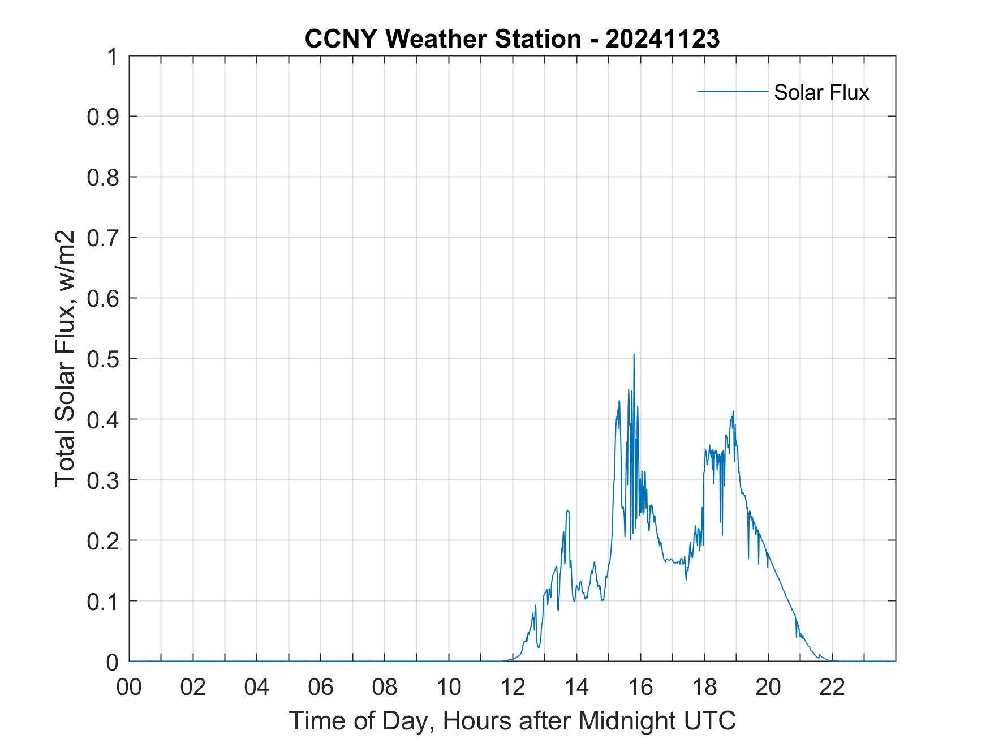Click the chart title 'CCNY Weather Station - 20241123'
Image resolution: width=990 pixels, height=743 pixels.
(512, 39)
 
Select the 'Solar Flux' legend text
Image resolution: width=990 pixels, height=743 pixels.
(821, 92)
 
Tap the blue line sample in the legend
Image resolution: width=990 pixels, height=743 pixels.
(732, 91)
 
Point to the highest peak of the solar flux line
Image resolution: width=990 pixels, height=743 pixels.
(634, 355)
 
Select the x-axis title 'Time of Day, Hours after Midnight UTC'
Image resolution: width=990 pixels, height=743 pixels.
(512, 720)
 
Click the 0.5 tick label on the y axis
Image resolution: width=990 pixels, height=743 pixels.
(104, 359)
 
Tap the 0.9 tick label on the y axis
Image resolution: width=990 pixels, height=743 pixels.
(104, 117)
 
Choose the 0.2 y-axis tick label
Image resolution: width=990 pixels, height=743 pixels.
(104, 540)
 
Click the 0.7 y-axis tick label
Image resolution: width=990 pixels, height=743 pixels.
(104, 238)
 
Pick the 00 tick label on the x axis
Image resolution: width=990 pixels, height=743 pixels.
(129, 687)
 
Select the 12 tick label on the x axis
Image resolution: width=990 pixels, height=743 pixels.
(513, 687)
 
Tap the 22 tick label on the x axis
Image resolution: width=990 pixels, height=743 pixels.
(832, 687)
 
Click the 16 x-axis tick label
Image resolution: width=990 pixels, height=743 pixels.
(640, 687)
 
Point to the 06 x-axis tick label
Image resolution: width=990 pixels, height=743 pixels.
(321, 687)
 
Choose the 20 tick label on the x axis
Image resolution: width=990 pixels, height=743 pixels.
(768, 687)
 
